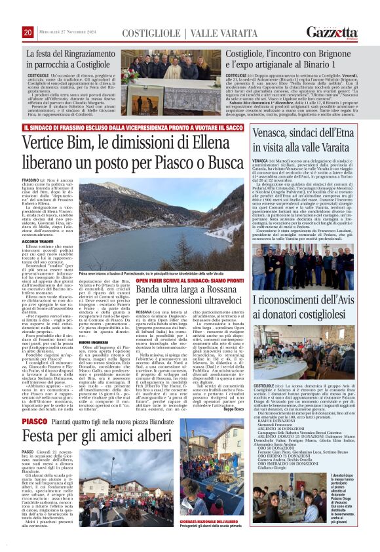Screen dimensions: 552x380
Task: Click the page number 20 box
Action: click(x=28, y=32)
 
